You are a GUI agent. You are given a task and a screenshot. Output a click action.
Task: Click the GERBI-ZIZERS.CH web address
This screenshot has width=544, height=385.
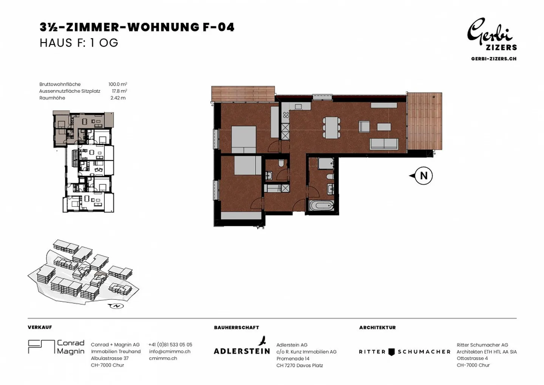[493, 59]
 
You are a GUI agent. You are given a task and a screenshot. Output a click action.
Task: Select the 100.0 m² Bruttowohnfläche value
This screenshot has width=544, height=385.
[117, 84]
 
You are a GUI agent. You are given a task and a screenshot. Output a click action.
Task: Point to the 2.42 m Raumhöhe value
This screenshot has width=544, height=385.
[118, 98]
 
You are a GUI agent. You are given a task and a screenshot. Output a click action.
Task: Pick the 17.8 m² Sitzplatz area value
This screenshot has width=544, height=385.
[119, 91]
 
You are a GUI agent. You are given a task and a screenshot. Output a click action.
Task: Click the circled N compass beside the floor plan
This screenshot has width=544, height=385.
[423, 176]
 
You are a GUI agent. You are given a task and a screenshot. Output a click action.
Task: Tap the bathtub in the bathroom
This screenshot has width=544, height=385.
[321, 206]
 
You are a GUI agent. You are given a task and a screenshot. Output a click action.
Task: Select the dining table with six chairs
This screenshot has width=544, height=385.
[331, 127]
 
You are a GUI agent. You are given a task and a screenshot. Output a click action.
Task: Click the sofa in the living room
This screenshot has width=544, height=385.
[384, 144]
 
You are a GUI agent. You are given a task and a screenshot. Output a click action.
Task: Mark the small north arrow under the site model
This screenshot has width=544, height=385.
[116, 306]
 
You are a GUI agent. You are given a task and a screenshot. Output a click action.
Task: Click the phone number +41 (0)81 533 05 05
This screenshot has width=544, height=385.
[170, 345]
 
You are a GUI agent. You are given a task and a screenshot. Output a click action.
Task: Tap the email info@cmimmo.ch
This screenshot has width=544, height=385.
[170, 351]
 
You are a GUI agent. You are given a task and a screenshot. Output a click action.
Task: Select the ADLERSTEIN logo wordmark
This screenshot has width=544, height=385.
[242, 351]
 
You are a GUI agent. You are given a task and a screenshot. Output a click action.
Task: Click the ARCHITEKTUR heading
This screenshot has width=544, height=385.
[377, 328]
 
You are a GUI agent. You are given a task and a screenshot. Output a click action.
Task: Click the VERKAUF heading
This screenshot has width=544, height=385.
[40, 327]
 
